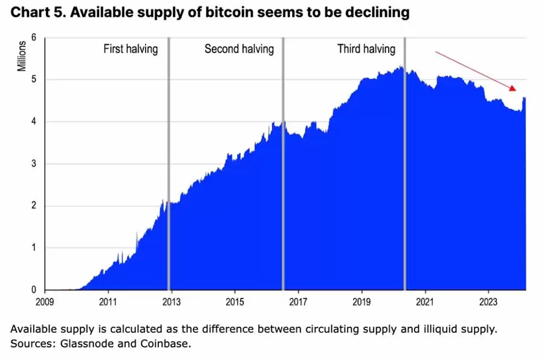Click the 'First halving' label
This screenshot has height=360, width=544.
point(131,50)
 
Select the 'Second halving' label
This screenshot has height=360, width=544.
point(239,50)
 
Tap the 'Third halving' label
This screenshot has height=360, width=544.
point(366,50)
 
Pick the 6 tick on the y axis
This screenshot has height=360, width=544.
point(34,37)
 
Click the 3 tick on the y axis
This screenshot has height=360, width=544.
point(34,164)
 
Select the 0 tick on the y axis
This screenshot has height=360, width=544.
point(34,290)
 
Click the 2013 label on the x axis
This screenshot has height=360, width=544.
point(171,301)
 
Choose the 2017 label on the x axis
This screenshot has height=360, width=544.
point(298,301)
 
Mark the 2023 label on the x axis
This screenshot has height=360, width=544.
point(488,301)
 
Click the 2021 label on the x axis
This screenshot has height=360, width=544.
point(425,301)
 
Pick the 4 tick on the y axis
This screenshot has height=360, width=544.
point(34,121)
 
